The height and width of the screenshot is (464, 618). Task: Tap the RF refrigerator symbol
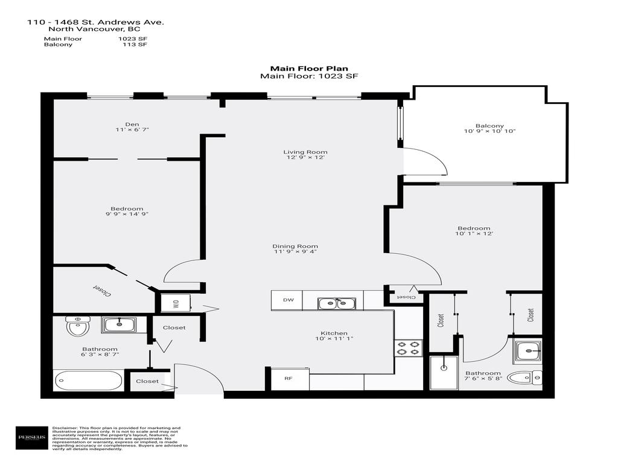(288, 379)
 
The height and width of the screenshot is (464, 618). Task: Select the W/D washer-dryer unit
(176, 303)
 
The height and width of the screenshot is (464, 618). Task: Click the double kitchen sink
(337, 303)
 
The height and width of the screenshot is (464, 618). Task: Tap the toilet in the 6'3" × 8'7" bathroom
(77, 327)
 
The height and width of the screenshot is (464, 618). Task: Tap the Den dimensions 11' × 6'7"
(132, 130)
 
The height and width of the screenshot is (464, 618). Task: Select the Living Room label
(305, 152)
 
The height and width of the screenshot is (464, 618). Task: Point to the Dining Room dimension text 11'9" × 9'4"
(295, 252)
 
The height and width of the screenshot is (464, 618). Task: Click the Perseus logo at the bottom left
(31, 437)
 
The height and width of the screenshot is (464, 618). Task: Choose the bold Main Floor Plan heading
(309, 69)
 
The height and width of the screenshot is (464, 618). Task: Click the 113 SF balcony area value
(135, 45)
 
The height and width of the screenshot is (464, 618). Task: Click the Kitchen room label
(333, 333)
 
